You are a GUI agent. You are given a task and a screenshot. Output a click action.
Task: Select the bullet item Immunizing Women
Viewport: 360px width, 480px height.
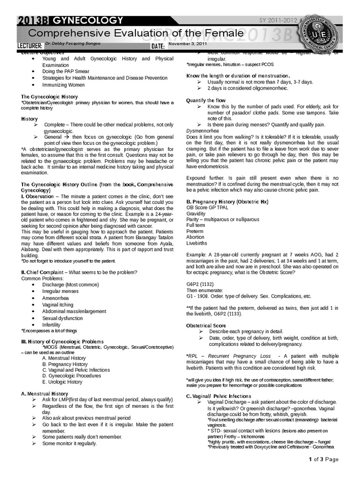click(64, 85)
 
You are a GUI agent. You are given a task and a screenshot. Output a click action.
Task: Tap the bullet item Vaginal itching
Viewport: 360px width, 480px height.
click(58, 305)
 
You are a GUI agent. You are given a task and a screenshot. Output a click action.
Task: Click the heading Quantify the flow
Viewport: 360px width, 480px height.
click(206, 100)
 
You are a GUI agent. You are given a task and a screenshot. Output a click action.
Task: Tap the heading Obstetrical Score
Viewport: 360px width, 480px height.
click(206, 325)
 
